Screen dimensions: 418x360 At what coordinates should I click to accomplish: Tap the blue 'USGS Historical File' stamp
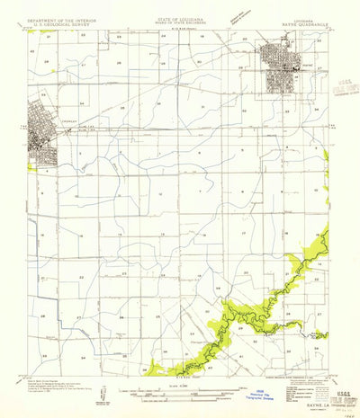coord(262,396)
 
